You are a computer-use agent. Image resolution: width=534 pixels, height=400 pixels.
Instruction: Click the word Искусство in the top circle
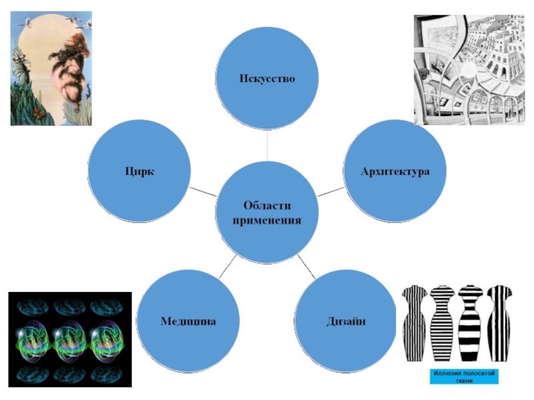pos(267,79)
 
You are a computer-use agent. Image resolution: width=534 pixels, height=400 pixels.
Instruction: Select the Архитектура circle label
pos(394,171)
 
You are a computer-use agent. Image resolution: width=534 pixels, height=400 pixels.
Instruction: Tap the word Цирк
pos(140,171)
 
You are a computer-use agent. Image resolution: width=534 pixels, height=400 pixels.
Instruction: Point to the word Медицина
pos(188,321)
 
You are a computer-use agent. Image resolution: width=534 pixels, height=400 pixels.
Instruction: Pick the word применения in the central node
pos(267,219)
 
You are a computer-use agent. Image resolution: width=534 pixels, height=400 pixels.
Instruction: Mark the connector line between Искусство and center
pos(267,145)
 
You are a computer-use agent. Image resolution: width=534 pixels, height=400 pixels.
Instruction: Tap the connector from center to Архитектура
pos(330,191)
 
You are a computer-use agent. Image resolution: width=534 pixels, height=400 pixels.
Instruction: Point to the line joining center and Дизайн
pos(306,265)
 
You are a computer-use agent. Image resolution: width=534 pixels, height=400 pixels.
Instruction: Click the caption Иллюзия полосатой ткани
pos(463,377)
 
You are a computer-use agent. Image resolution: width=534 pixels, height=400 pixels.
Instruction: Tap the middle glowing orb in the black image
pos(69,339)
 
